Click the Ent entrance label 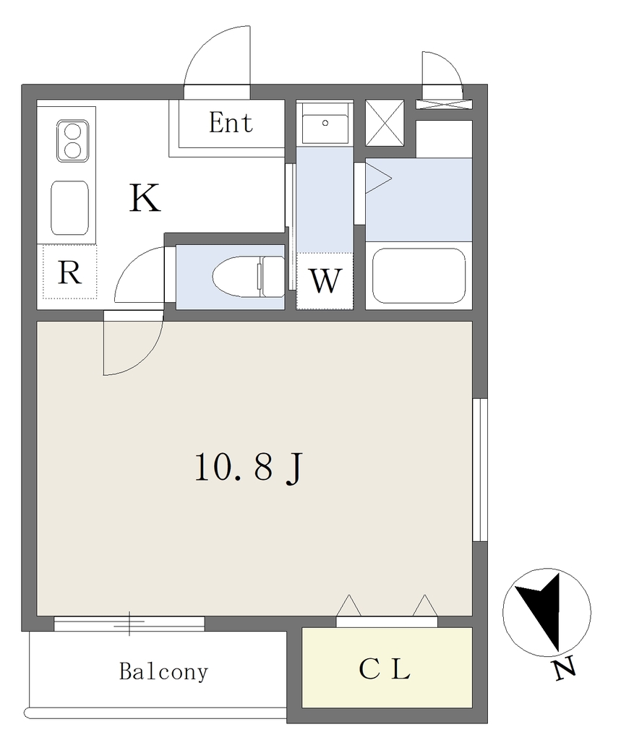point(231,123)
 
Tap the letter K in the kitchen point(145,198)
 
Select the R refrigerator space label point(69,272)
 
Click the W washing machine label point(325,281)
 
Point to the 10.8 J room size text point(248,468)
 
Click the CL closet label point(385,668)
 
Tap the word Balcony point(163,671)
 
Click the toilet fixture point(249,277)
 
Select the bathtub point(419,275)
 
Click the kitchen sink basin point(69,207)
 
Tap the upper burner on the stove point(72,131)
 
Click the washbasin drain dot point(325,123)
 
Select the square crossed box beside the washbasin point(385,123)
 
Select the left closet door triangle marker point(348,606)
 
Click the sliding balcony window point(129,624)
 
